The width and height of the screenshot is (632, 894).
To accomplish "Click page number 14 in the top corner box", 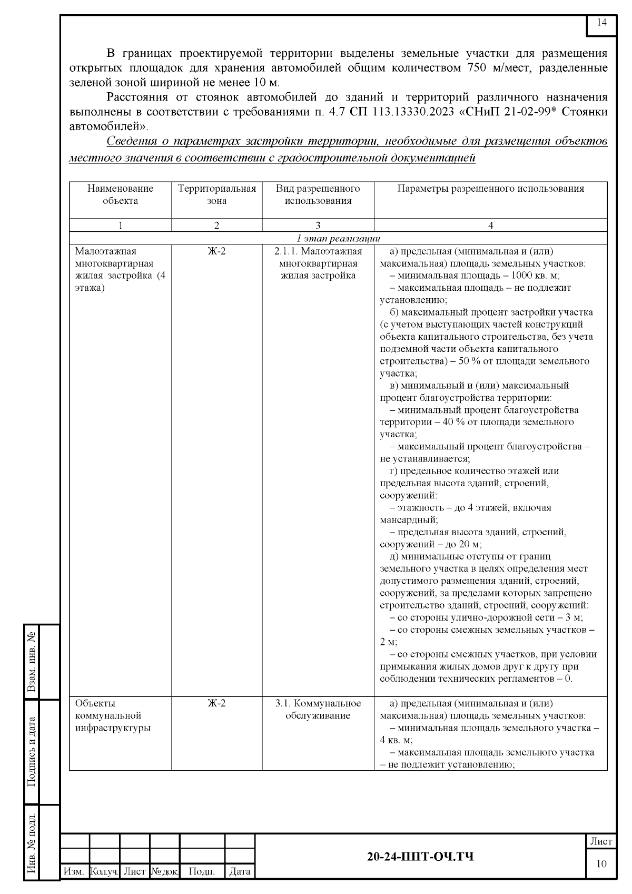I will tap(601, 23).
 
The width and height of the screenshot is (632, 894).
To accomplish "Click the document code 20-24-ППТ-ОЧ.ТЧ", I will tap(420, 856).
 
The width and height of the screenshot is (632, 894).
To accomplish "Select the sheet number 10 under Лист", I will tap(601, 863).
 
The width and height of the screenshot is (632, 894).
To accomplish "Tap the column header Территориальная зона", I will tap(216, 194).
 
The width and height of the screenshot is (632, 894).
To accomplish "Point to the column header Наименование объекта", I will tap(120, 194).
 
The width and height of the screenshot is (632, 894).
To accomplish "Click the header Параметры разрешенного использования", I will tap(490, 189).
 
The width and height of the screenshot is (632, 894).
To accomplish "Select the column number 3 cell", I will tap(318, 225).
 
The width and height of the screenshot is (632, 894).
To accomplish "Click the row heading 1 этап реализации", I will tap(338, 238).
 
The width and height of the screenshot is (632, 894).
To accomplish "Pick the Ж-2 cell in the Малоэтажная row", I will tap(216, 251).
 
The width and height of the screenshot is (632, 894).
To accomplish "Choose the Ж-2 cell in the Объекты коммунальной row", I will tap(216, 703).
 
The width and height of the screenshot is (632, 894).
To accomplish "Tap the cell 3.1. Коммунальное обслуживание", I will tap(318, 709).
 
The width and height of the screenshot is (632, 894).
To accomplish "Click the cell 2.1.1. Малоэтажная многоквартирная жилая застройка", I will tap(318, 263).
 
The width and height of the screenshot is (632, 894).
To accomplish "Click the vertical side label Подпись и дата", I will tap(33, 751).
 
